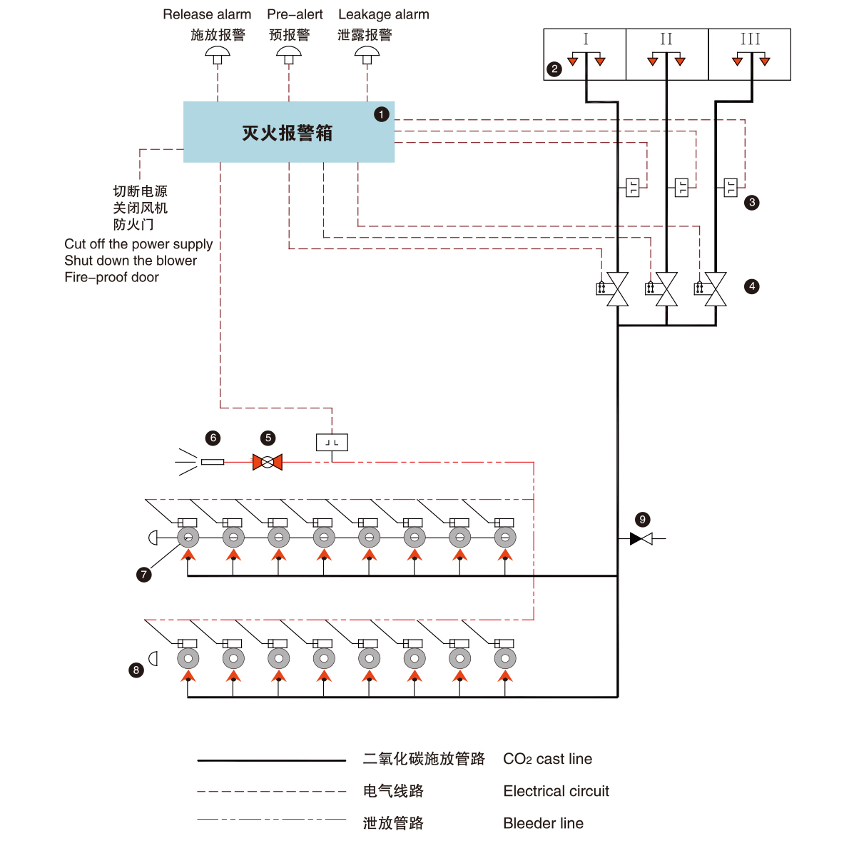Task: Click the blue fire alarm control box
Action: (288, 132)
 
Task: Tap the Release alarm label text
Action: (207, 14)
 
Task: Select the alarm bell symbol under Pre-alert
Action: (289, 54)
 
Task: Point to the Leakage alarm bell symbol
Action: (367, 54)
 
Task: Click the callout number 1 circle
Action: (382, 114)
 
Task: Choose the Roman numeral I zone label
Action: (586, 39)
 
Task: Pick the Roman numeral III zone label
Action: (750, 39)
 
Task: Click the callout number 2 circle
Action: (554, 69)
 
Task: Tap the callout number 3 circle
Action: (752, 203)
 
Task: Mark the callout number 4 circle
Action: (752, 286)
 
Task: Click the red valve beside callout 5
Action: (268, 462)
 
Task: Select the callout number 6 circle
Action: (213, 438)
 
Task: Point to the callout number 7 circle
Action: (144, 574)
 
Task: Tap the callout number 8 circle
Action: (136, 670)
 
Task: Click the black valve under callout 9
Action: (641, 538)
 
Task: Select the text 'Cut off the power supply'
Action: (138, 244)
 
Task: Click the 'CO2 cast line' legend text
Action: (547, 759)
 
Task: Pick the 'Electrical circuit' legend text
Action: (556, 791)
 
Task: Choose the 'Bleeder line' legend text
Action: (543, 823)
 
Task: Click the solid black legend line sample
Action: (271, 761)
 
